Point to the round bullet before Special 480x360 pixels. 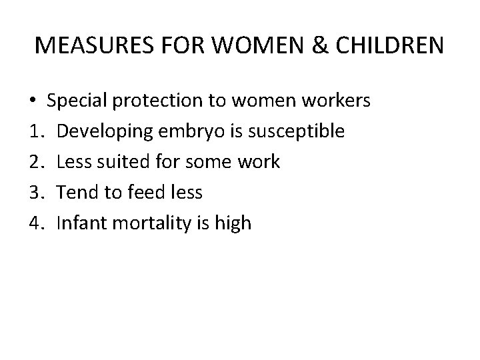33,101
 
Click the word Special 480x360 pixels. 79,101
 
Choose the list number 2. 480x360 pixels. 37,162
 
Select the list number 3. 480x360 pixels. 37,193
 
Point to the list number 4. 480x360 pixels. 37,223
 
